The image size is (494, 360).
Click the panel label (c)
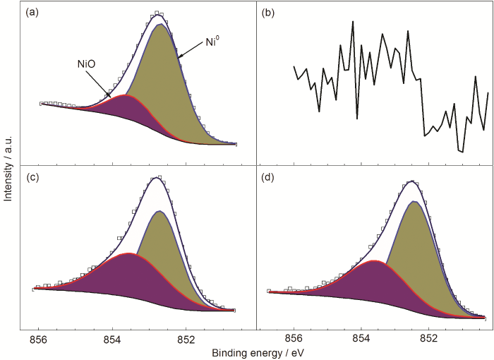click(x=33, y=177)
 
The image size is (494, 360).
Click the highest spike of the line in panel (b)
click(x=353, y=22)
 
